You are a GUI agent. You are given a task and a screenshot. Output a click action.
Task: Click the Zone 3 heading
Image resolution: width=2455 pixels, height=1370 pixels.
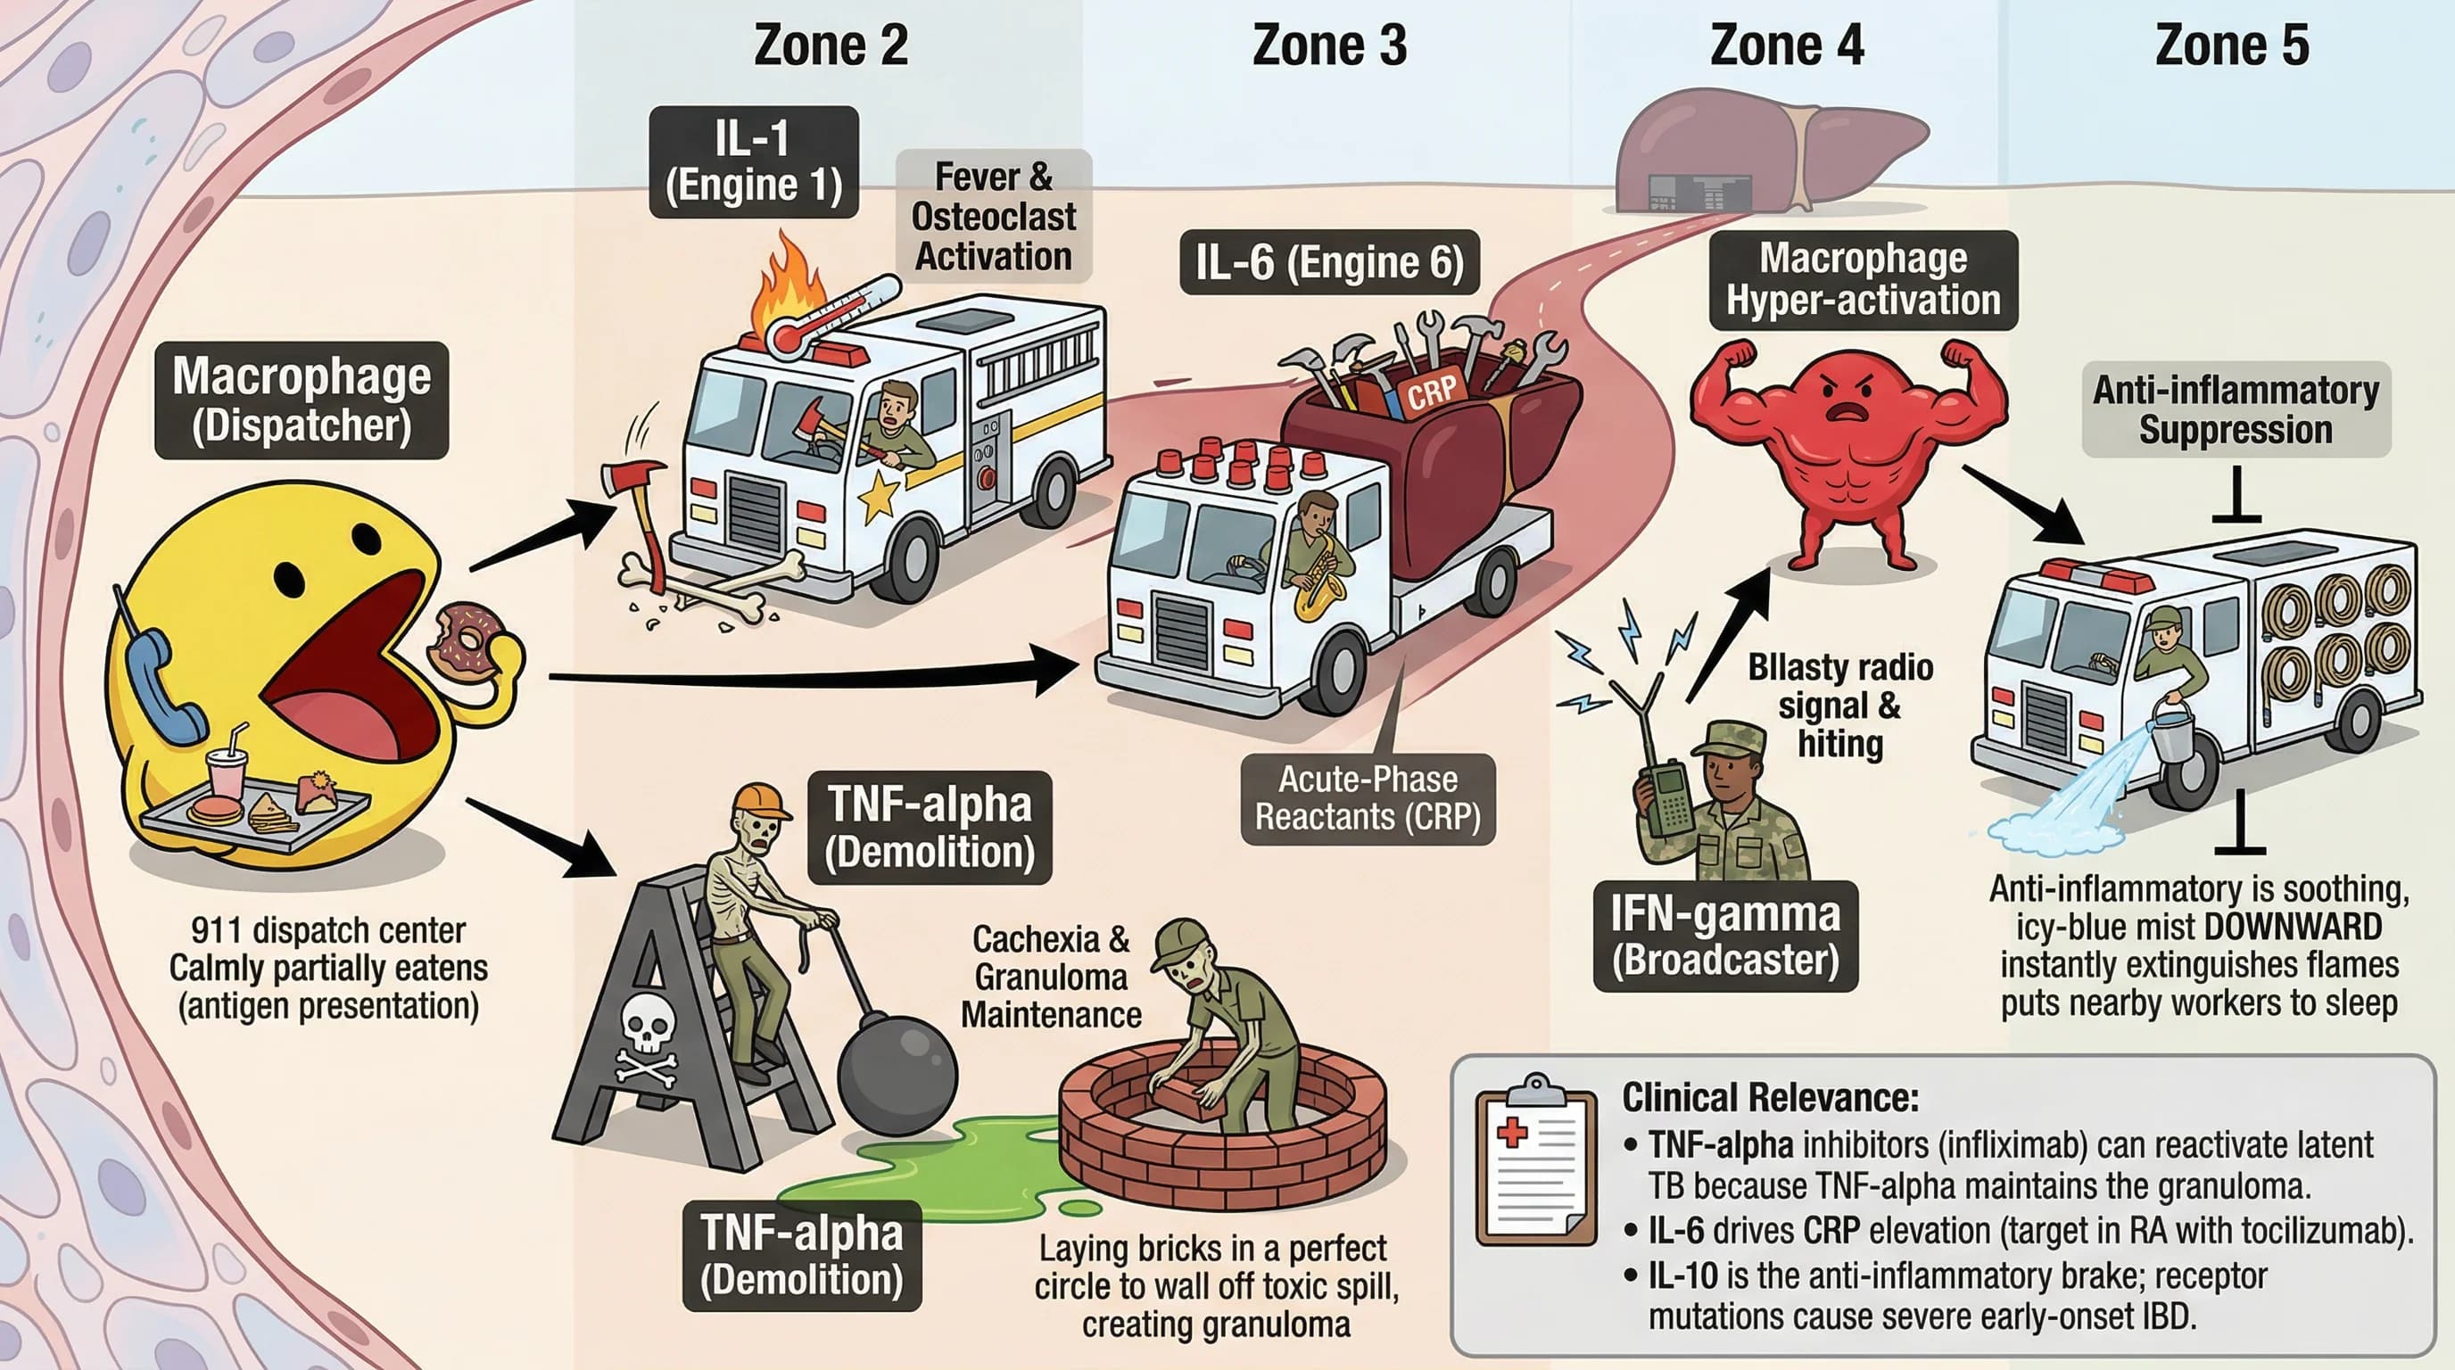(x=1328, y=45)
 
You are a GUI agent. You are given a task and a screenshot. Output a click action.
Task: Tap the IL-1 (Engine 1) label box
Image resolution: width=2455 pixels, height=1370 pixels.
(x=753, y=162)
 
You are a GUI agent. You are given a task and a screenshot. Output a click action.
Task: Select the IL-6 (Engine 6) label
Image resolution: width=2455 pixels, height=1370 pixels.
(x=1328, y=262)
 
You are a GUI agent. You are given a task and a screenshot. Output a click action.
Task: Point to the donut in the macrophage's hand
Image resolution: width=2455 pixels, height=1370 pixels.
(x=465, y=639)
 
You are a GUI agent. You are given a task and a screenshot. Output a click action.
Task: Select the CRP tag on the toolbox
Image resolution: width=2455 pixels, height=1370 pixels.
(x=1432, y=391)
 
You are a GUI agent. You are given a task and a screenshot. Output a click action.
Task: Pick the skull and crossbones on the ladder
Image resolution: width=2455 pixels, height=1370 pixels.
(x=647, y=1038)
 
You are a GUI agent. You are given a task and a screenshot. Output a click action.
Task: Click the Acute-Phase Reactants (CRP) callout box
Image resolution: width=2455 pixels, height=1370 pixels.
(x=1368, y=798)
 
